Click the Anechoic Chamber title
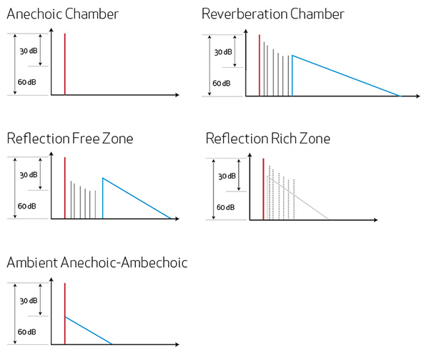tap(63, 14)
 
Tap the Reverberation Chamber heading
tap(273, 14)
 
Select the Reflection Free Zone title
tap(70, 139)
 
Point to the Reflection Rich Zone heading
tap(268, 139)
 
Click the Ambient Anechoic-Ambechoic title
tap(97, 262)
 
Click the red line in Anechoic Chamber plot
tap(65, 64)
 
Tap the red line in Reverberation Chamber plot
tap(260, 65)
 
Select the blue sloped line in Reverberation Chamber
tap(346, 76)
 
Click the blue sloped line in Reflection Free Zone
tap(137, 198)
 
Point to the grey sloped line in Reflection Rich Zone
tap(297, 198)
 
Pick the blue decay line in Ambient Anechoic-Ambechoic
tap(89, 331)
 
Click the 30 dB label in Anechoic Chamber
tap(29, 51)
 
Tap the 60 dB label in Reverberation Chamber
tap(222, 83)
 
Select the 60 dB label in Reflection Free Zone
tap(27, 206)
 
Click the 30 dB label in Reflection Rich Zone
tap(227, 176)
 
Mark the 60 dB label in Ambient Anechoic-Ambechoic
tap(27, 332)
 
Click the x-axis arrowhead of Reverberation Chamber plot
tap(418, 96)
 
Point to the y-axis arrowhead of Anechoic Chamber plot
tap(51, 31)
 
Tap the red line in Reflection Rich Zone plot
tap(263, 189)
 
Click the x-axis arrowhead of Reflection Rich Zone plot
tap(375, 220)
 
